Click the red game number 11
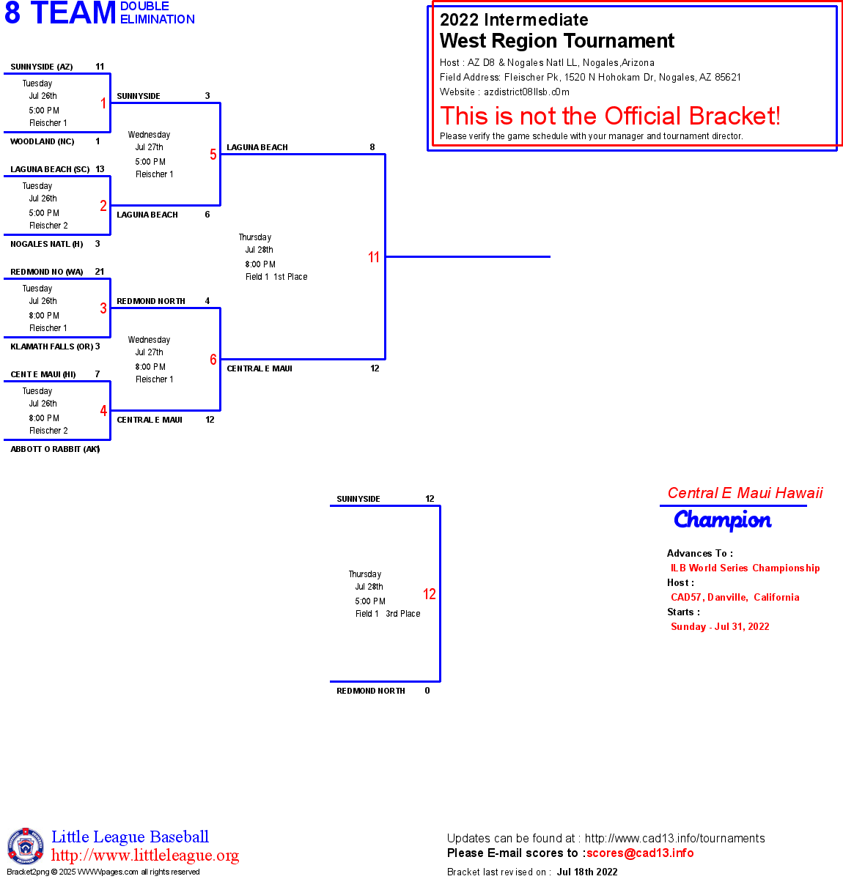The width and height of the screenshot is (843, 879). point(374,257)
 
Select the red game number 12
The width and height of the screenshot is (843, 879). point(430,594)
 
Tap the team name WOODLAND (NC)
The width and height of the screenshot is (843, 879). point(43,141)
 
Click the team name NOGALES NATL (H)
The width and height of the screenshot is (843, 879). point(47,244)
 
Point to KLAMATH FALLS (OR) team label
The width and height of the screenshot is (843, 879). point(51,346)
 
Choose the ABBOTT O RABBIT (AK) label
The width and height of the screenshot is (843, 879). point(55,449)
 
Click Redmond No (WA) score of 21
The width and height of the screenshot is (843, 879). point(100,272)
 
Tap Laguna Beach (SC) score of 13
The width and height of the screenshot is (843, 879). point(100,169)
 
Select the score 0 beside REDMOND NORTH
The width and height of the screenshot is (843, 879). point(427,691)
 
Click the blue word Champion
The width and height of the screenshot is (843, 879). point(723,520)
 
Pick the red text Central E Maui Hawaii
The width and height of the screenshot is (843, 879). point(745,493)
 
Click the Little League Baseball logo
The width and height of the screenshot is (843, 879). point(26,846)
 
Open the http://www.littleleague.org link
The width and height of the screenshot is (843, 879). point(145,856)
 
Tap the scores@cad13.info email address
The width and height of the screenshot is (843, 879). point(640,853)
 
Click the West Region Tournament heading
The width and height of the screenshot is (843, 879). point(557,41)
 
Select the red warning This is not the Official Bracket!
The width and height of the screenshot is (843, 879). point(610,116)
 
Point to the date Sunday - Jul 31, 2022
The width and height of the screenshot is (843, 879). point(720,626)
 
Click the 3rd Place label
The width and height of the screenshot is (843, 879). point(403,614)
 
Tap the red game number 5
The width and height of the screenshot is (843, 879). point(213,155)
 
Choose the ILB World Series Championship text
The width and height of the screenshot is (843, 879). point(745,568)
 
